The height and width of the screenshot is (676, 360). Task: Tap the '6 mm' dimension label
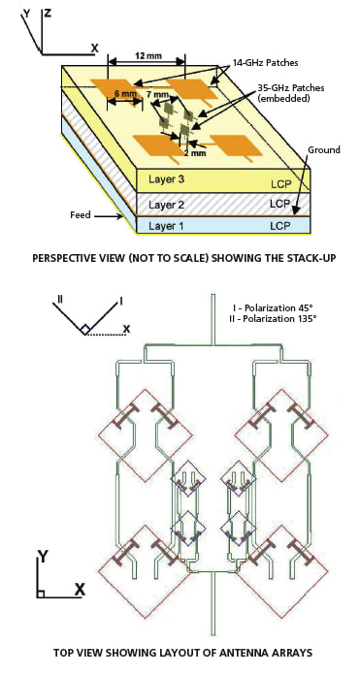(124, 95)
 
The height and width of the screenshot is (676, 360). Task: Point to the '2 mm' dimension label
(195, 153)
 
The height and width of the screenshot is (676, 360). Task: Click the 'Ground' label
(323, 151)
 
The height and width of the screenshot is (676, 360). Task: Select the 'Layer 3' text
(166, 180)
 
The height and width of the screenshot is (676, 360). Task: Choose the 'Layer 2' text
(166, 204)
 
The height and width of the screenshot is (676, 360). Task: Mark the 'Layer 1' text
(166, 225)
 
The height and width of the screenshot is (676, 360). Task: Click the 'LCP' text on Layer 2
(279, 204)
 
